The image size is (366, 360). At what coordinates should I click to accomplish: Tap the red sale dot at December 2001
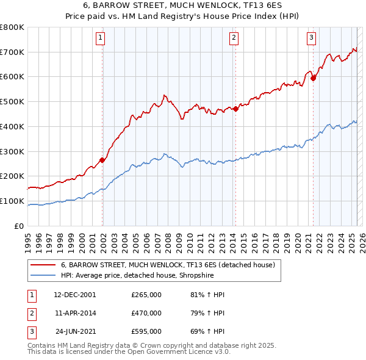102,160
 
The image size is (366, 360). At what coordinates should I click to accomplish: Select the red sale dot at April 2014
235,109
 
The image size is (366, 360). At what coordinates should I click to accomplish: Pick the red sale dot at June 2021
313,78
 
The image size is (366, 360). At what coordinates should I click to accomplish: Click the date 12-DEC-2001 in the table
74,295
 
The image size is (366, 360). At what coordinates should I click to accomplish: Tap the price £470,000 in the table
146,313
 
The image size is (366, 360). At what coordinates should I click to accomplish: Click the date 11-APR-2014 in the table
74,313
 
